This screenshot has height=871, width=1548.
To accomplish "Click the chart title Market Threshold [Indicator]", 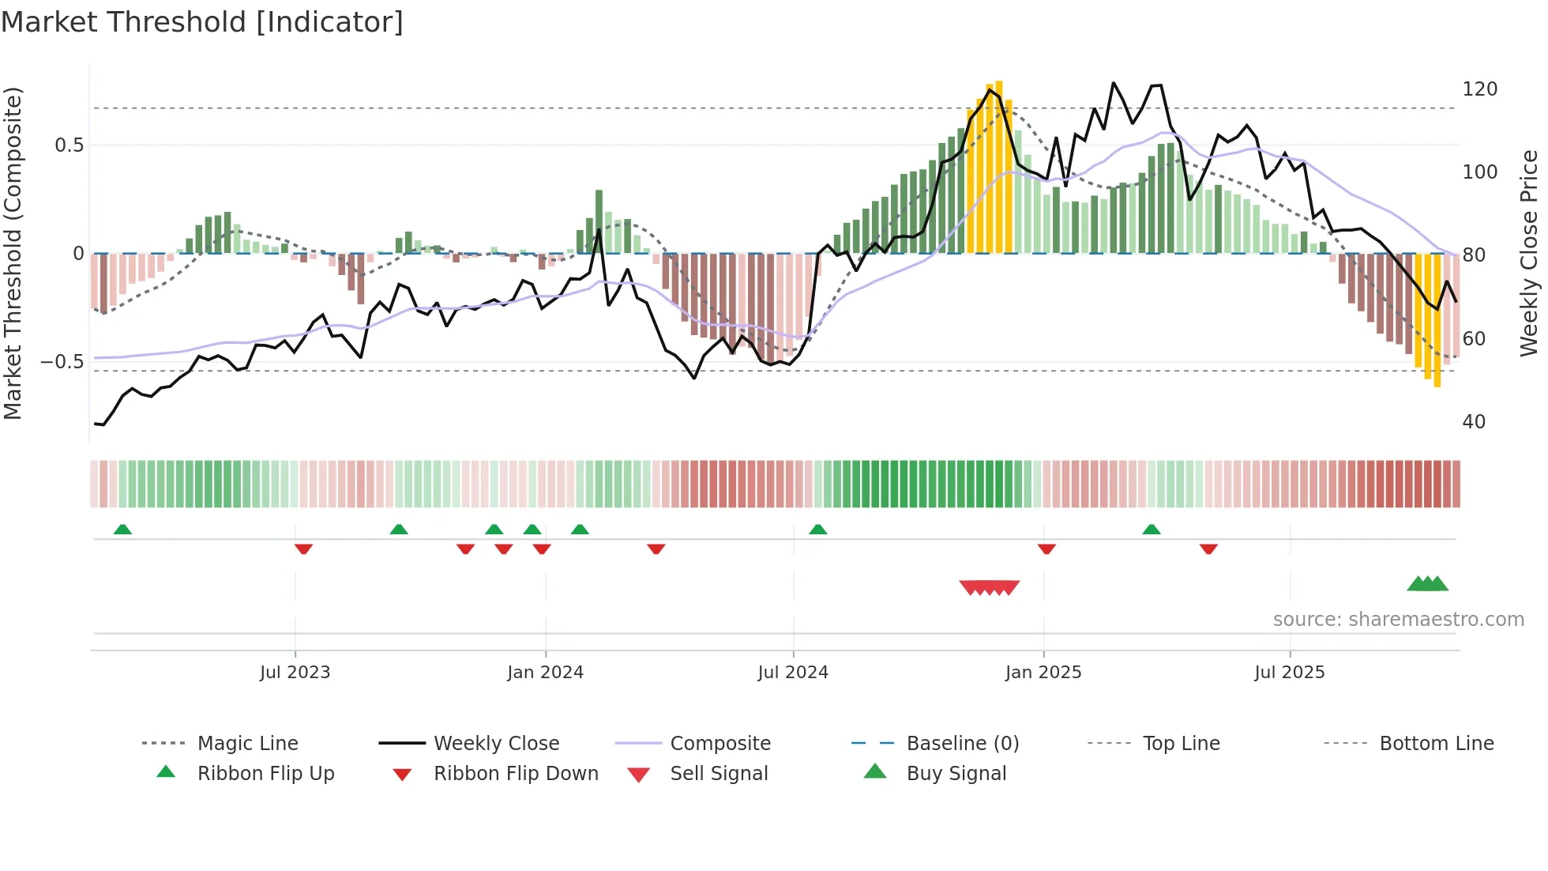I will click(202, 22).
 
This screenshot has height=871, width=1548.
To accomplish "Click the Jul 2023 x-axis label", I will click(295, 673).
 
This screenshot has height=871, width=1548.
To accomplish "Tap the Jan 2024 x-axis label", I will click(545, 673).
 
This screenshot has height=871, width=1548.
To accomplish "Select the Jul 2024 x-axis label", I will click(793, 673).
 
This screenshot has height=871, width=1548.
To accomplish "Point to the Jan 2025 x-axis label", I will click(1043, 673).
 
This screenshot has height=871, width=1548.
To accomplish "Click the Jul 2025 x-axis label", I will click(1290, 673).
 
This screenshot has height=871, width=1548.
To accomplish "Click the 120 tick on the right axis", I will click(1479, 89).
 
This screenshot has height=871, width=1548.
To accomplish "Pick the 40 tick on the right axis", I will click(1474, 422).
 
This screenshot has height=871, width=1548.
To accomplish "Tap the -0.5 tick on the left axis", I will click(62, 362).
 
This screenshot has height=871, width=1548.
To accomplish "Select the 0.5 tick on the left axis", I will click(69, 145).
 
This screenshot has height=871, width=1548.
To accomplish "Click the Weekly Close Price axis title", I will click(1529, 253).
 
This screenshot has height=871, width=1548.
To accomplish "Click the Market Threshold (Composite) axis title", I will click(13, 253).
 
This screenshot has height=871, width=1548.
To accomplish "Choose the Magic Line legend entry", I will click(247, 744).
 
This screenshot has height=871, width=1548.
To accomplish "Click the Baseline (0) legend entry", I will click(962, 744).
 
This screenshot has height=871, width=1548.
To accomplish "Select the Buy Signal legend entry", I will click(956, 774).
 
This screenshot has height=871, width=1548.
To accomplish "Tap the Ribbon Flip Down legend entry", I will click(515, 774).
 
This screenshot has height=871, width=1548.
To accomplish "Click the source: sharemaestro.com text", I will click(1398, 620).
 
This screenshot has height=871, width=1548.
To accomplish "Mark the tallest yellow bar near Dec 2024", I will click(999, 166).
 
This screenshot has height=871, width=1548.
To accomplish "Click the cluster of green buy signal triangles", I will click(1428, 584).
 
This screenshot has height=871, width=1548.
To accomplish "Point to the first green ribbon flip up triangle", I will click(122, 530).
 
